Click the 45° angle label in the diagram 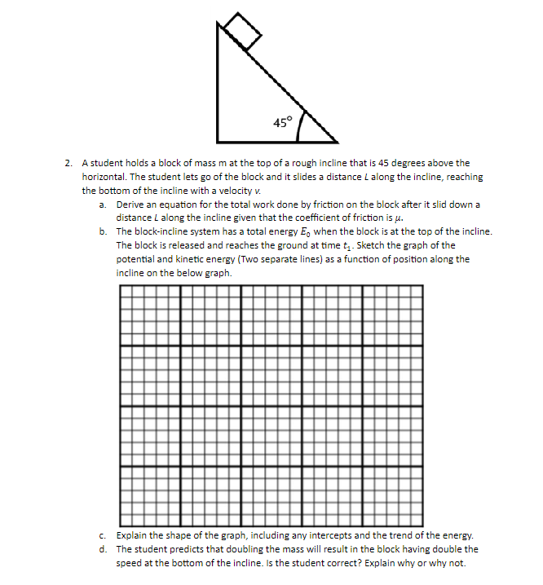282,123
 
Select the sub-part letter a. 103,204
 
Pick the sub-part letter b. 103,231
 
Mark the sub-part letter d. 103,548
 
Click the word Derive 131,204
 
